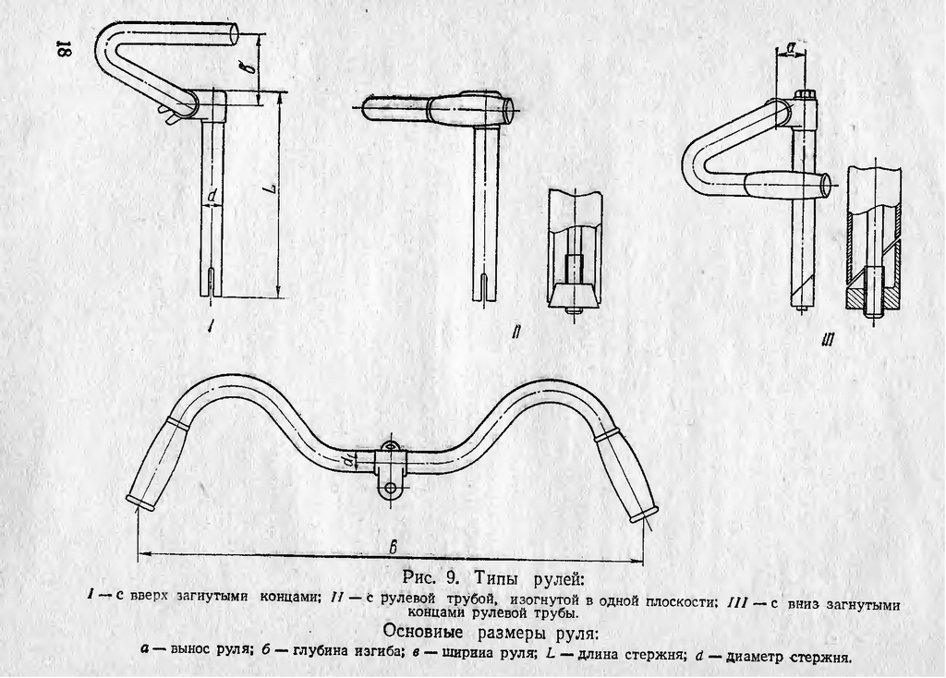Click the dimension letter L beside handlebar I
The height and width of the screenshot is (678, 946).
[x=273, y=188]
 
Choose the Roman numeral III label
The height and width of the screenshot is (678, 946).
[x=828, y=342]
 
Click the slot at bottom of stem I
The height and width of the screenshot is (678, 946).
[x=210, y=283]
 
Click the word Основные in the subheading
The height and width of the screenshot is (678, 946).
[x=423, y=633]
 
